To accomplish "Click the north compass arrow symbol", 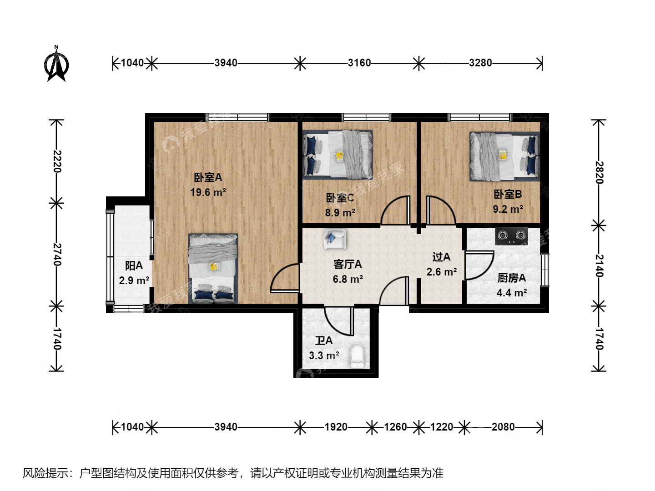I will [x=57, y=65].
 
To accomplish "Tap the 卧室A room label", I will [x=208, y=177].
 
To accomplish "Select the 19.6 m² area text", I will [x=208, y=192].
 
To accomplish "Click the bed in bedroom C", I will [x=338, y=155].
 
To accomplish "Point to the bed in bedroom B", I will [x=504, y=156].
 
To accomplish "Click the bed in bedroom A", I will [x=213, y=268].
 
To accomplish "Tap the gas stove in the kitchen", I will [x=512, y=235].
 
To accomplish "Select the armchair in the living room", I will [x=334, y=238].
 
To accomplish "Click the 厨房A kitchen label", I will [x=512, y=278].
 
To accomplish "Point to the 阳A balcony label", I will [x=134, y=266].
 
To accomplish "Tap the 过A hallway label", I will [x=441, y=257].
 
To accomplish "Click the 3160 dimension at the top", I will [x=359, y=63].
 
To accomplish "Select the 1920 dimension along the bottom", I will [x=336, y=427].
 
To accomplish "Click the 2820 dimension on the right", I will [x=599, y=172].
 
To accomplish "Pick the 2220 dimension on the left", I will [x=56, y=161].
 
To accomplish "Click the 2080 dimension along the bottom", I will [x=503, y=427].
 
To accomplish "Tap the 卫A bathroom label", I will [x=324, y=341].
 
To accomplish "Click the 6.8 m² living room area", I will [x=348, y=279].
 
